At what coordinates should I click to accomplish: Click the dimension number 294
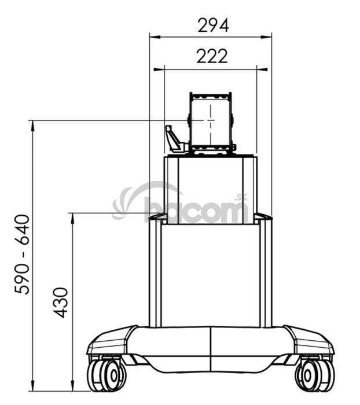[x=213, y=25]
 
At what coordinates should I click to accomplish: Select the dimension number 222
[x=212, y=56]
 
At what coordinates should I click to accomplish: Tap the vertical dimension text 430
[x=60, y=302]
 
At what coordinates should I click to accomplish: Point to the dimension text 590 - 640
[x=22, y=255]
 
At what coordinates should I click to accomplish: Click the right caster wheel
[x=315, y=375]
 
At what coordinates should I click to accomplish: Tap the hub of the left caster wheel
[x=114, y=376]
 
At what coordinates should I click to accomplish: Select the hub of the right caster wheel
[x=308, y=375]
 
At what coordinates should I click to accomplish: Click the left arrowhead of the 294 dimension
[x=155, y=37]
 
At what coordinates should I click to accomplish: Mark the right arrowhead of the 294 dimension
[x=266, y=37]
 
